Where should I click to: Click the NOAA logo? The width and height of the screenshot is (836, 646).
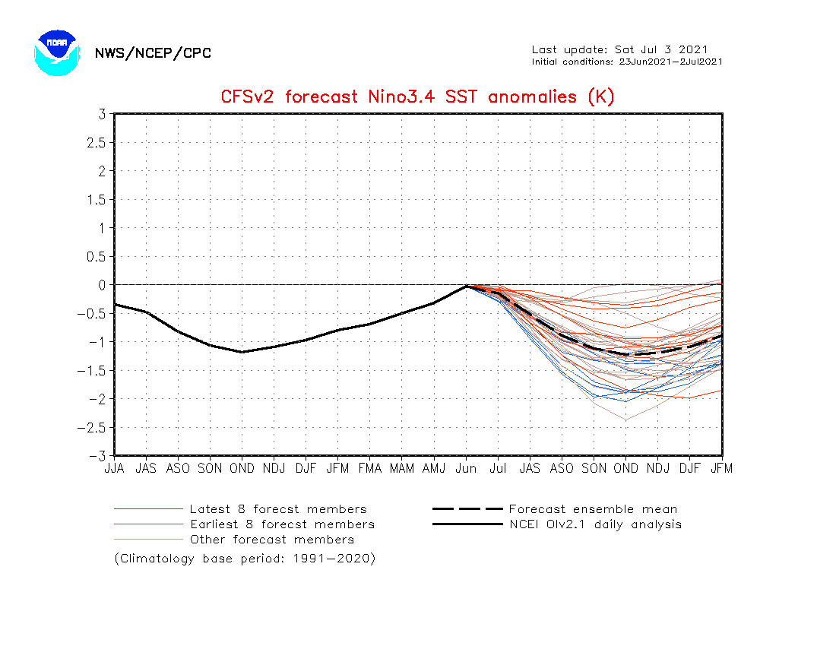(57, 52)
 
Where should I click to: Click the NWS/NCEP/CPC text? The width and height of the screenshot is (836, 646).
(153, 53)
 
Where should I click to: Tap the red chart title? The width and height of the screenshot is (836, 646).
(417, 97)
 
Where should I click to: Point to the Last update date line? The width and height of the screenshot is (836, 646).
(619, 49)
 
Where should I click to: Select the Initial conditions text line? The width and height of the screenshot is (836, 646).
(627, 62)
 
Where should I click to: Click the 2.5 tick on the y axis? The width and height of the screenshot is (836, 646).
(97, 143)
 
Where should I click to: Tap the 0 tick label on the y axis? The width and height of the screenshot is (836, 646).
(102, 285)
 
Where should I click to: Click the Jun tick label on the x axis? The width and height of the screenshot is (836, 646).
(466, 468)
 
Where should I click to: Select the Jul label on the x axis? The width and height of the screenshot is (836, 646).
(498, 468)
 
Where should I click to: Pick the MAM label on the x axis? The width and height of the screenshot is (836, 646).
(402, 468)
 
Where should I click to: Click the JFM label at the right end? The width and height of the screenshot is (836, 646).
(722, 468)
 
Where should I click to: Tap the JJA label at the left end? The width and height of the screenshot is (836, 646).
(114, 468)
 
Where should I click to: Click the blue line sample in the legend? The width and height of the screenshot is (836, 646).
(148, 509)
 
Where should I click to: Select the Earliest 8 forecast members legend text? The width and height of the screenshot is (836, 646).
(283, 524)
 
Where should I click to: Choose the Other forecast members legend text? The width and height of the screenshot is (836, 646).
(272, 540)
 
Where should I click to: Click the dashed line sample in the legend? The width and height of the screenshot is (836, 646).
(467, 509)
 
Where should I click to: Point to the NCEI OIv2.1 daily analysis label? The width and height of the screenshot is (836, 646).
(596, 524)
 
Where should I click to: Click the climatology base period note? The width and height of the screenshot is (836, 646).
(245, 559)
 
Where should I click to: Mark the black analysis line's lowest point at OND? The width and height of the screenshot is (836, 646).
(242, 352)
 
